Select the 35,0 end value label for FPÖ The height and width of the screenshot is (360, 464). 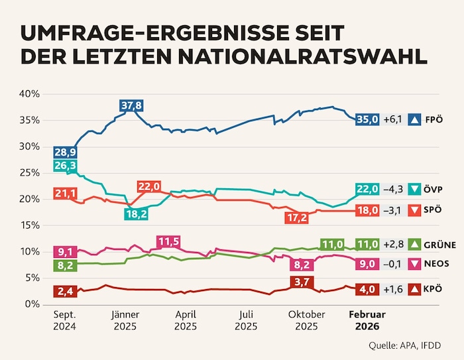[x=368, y=119]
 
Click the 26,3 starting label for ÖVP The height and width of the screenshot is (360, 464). [x=64, y=166]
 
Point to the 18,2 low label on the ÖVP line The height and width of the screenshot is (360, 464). [x=136, y=213]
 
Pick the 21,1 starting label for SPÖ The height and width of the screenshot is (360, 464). [x=64, y=194]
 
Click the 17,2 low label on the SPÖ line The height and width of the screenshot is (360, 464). [x=296, y=217]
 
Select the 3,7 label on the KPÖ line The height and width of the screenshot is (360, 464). [x=300, y=282]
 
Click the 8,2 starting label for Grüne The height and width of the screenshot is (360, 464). [x=64, y=265]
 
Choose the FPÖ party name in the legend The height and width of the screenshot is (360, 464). [x=434, y=119]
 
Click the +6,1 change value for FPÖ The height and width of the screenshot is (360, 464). [x=394, y=119]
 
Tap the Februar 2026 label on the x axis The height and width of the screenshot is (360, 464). [x=367, y=320]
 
